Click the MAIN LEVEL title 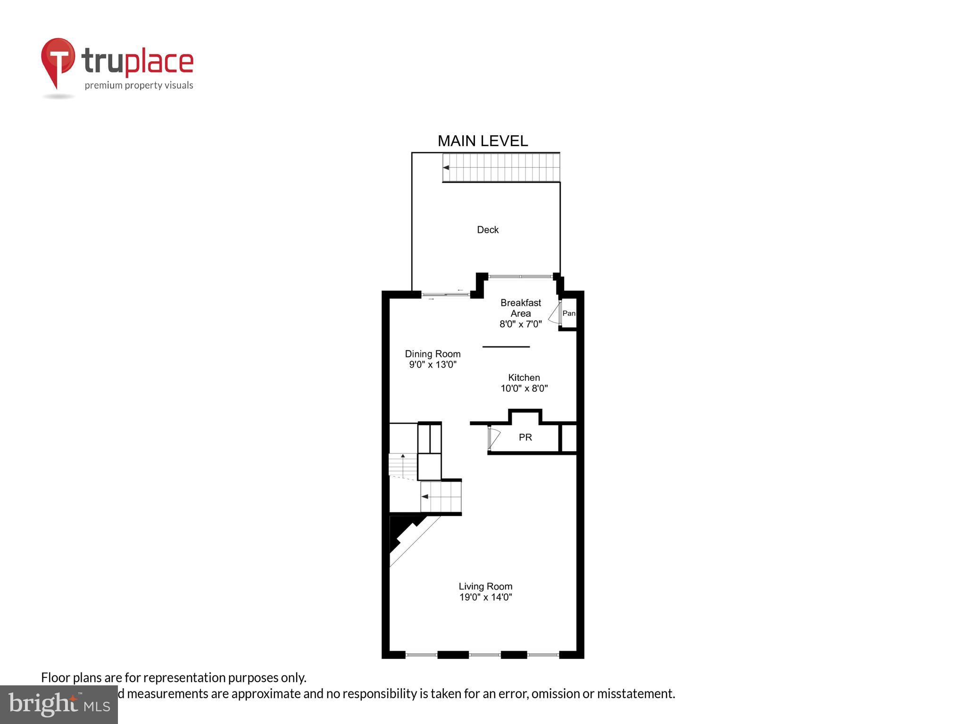click(483, 141)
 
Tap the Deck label click(488, 230)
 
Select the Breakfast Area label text click(521, 308)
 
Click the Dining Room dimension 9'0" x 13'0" click(433, 364)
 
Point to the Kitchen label click(524, 378)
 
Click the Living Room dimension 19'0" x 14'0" click(486, 597)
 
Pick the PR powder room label click(525, 437)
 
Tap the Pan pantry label click(569, 313)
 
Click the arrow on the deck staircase click(446, 167)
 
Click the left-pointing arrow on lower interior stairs click(425, 496)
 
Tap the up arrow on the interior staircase click(403, 456)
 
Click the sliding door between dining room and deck click(445, 295)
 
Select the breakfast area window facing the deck click(520, 277)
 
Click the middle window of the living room click(484, 655)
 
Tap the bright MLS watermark click(59, 705)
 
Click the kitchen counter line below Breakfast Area click(506, 347)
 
